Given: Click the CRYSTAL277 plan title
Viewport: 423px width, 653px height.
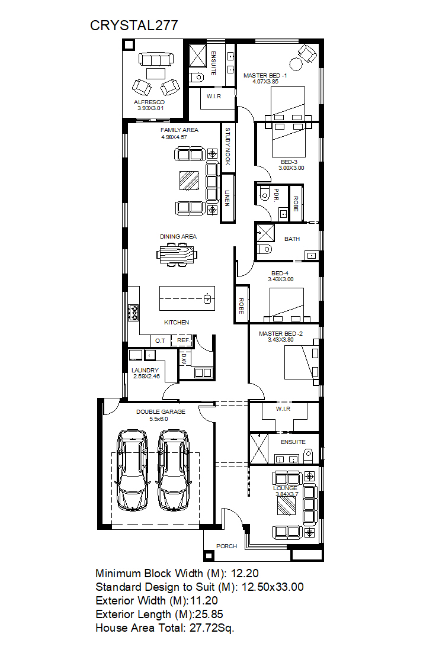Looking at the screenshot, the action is pyautogui.click(x=134, y=25).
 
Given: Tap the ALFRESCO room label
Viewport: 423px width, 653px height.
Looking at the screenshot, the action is pyautogui.click(x=149, y=102).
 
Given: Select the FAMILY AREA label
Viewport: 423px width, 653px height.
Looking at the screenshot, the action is pyautogui.click(x=179, y=130).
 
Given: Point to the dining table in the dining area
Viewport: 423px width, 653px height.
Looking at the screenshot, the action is pyautogui.click(x=177, y=254).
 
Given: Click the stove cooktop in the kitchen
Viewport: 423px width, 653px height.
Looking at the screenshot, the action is pyautogui.click(x=133, y=313).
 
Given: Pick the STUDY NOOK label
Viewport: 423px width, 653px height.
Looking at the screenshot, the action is pyautogui.click(x=227, y=146).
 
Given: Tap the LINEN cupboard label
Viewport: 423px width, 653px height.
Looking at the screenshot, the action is pyautogui.click(x=227, y=198).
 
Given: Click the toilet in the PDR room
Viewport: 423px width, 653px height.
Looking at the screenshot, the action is pyautogui.click(x=264, y=194).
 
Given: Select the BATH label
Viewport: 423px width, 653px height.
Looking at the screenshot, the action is pyautogui.click(x=291, y=239).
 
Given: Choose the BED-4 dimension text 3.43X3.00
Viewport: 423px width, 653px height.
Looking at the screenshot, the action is pyautogui.click(x=280, y=279).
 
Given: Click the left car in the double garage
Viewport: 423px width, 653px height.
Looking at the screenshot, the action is pyautogui.click(x=132, y=470).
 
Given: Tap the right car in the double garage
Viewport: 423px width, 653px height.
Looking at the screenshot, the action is pyautogui.click(x=173, y=470).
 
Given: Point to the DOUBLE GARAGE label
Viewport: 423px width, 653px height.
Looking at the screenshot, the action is pyautogui.click(x=161, y=412).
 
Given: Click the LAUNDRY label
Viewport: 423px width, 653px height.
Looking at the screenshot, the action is pyautogui.click(x=145, y=370).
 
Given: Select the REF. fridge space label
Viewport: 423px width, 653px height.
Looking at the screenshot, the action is pyautogui.click(x=184, y=340).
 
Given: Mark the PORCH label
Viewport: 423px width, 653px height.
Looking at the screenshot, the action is pyautogui.click(x=226, y=546).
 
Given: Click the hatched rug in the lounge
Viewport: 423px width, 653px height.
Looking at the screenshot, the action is pyautogui.click(x=287, y=505).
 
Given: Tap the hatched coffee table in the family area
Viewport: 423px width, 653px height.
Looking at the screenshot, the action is pyautogui.click(x=189, y=181).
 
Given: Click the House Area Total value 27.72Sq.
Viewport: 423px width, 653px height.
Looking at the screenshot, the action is pyautogui.click(x=211, y=628).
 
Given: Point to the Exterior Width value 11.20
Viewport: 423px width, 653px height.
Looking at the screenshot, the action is pyautogui.click(x=204, y=600).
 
